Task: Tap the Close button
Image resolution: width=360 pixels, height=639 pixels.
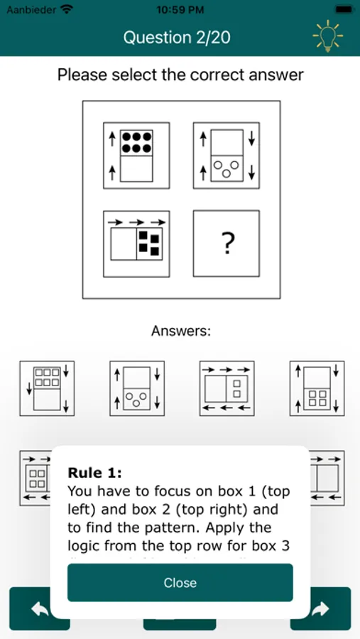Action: [180, 582]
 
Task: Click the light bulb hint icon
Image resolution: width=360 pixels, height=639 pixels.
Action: [327, 37]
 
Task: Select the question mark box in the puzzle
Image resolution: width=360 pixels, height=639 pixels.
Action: [227, 244]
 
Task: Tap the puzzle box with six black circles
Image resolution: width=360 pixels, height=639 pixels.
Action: [136, 155]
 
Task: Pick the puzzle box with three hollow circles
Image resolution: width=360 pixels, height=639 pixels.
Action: [227, 155]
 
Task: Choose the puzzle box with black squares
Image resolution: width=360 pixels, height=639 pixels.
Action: [136, 244]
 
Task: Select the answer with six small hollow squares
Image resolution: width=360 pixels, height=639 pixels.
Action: [47, 388]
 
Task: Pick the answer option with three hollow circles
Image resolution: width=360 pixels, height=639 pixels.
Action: [137, 388]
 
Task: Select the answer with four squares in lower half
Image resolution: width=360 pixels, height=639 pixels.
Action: [317, 388]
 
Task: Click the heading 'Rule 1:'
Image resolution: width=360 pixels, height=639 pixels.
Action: [95, 473]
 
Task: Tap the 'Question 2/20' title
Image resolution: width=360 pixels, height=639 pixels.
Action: [177, 38]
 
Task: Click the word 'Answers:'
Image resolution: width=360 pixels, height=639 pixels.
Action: [180, 331]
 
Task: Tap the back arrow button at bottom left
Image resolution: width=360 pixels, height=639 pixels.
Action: [39, 608]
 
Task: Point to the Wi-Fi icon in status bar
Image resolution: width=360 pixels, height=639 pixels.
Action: [67, 9]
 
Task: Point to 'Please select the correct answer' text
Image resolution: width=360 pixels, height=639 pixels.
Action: [180, 75]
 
